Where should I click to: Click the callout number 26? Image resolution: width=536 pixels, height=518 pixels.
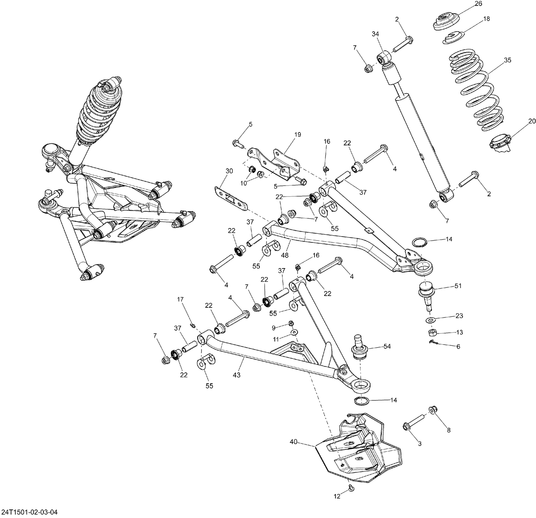coord(478,4)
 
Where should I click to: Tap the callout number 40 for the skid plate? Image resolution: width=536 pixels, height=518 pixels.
coord(293,442)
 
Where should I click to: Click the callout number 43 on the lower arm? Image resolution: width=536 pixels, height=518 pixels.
coord(236,375)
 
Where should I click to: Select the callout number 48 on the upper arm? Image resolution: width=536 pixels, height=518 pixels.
coord(285,255)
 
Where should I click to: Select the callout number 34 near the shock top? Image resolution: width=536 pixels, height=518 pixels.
coord(375,34)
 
